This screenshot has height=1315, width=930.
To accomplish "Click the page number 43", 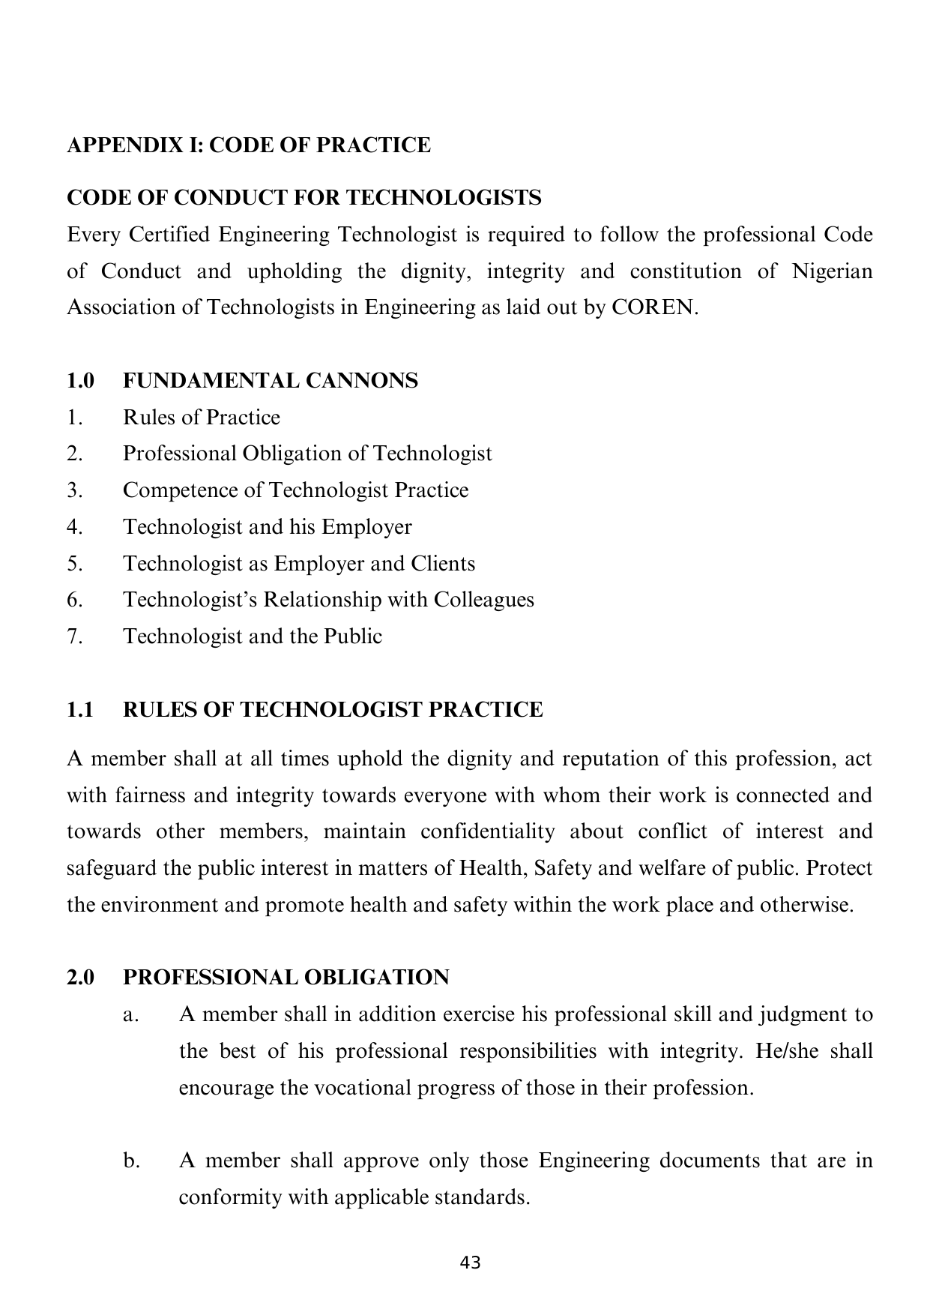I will tap(470, 1263).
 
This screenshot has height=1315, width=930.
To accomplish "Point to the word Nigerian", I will tap(833, 271).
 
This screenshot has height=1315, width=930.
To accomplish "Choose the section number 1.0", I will tap(80, 381).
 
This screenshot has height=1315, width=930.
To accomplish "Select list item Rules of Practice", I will tap(202, 418).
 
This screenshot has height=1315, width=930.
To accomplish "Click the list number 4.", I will tap(73, 527).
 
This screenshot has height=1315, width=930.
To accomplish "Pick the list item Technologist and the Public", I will tap(253, 637).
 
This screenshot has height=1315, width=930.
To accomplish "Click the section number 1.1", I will tap(80, 709).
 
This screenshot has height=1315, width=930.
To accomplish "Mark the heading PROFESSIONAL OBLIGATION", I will tap(286, 978).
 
